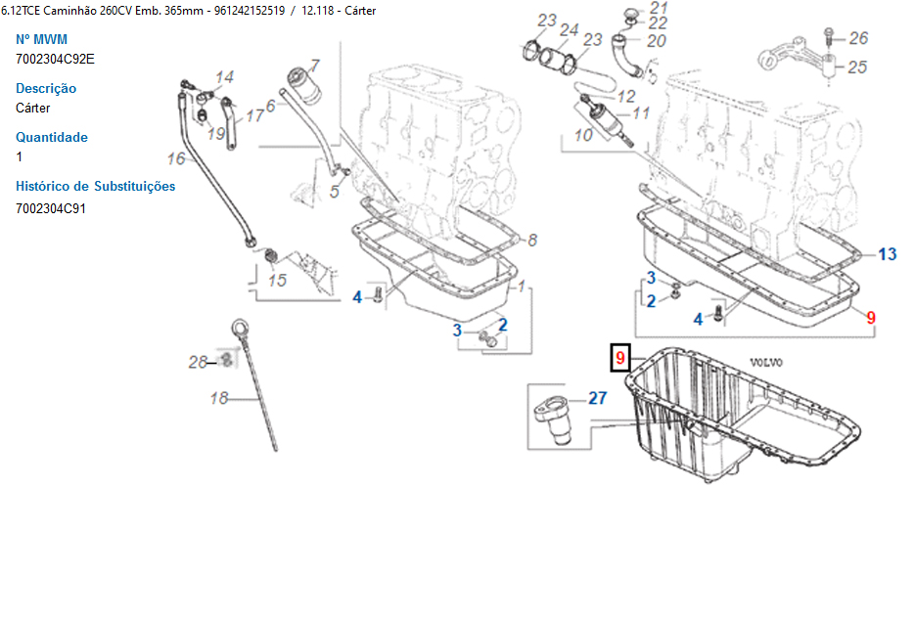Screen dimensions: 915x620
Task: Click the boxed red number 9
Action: pyautogui.click(x=619, y=357)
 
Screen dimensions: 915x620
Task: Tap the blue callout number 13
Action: pyautogui.click(x=887, y=254)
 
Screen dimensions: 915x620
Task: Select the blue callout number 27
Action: pyautogui.click(x=598, y=398)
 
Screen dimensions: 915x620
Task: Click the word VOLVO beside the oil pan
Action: pyautogui.click(x=765, y=362)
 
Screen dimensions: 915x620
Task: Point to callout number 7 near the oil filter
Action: pyautogui.click(x=314, y=65)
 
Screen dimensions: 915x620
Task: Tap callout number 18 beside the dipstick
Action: pyautogui.click(x=219, y=398)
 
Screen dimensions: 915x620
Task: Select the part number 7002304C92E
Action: pyautogui.click(x=55, y=59)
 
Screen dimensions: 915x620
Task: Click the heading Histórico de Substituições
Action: pyautogui.click(x=95, y=186)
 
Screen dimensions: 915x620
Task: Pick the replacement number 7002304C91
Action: pyautogui.click(x=51, y=208)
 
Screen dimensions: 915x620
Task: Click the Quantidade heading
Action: pyautogui.click(x=51, y=137)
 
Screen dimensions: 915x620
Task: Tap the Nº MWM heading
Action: pyautogui.click(x=41, y=39)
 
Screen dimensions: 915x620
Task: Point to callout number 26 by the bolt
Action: pyautogui.click(x=858, y=38)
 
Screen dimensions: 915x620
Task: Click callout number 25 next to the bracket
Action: pyautogui.click(x=857, y=67)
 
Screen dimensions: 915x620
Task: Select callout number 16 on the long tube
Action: pyautogui.click(x=175, y=158)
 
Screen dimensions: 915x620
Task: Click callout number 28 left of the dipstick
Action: pyautogui.click(x=198, y=363)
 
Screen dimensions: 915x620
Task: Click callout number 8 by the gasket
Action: pyautogui.click(x=532, y=240)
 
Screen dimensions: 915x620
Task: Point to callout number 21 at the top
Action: pyautogui.click(x=659, y=8)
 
